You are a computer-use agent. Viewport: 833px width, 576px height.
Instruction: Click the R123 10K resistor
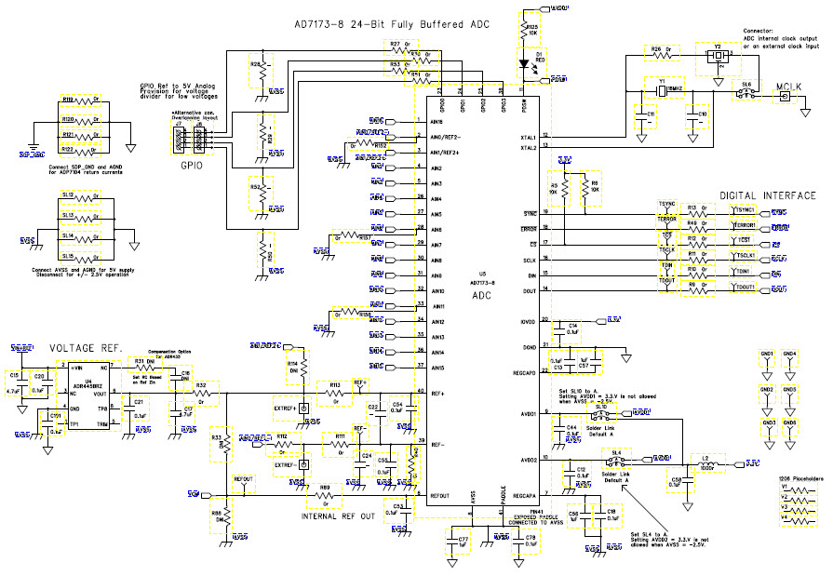[525, 33]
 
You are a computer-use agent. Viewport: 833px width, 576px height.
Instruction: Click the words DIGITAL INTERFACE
[767, 195]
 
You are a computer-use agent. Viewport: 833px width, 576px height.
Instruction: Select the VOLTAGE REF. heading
[86, 347]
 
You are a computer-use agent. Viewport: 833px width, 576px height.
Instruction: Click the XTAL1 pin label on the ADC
[526, 137]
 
